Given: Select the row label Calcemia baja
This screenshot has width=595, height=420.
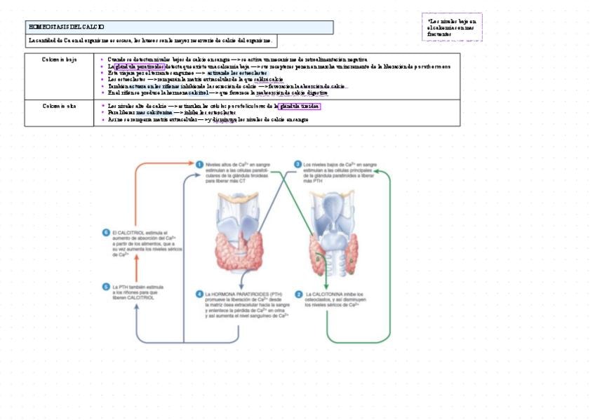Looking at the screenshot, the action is click(x=60, y=60).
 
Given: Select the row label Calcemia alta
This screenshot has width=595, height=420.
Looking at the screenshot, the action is click(x=60, y=106).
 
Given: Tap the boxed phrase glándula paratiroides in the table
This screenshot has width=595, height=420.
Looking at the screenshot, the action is click(x=140, y=67).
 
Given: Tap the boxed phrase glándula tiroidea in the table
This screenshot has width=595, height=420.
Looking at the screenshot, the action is click(x=300, y=107).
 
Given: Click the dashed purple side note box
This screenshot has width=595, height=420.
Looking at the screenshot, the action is click(x=452, y=27).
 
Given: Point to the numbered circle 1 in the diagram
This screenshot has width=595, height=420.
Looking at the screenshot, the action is click(x=199, y=163).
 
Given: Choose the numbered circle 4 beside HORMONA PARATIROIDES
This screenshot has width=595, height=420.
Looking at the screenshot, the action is click(x=199, y=294).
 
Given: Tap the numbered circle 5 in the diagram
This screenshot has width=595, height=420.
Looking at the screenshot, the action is click(x=106, y=286).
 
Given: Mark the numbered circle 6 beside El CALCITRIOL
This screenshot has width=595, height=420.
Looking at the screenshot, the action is click(x=106, y=232).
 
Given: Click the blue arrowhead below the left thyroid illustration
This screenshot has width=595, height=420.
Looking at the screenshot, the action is click(x=241, y=286).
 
